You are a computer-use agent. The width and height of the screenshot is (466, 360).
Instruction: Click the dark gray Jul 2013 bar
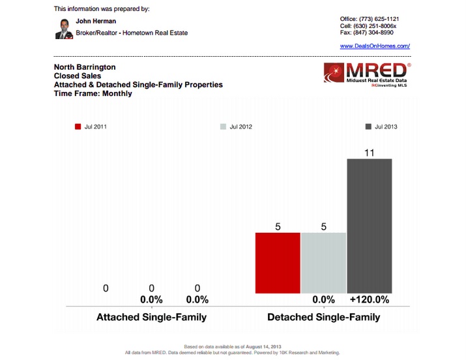pos(370,226)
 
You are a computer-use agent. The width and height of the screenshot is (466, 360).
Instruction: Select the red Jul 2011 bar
pos(278,263)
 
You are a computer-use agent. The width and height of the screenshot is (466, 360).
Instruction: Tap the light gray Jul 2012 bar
pos(323,263)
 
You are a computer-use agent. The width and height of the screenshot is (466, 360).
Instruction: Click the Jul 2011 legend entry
pos(91,127)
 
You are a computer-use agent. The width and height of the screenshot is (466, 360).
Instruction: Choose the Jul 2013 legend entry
pos(381,127)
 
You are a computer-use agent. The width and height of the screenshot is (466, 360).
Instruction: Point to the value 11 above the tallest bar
pos(370,152)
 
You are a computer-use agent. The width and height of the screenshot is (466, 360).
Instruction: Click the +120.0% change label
pos(370,300)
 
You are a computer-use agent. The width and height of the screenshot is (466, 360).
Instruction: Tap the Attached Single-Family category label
pos(151,318)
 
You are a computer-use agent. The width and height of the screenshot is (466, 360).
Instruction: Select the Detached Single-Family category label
pos(323,318)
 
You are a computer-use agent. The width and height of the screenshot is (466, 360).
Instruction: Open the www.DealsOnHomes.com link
pos(375,46)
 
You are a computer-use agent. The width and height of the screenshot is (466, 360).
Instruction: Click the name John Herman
pos(96,21)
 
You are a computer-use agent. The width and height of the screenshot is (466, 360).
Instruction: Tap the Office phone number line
pos(370,19)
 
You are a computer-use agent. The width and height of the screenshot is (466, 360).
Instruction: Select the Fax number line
pos(366,32)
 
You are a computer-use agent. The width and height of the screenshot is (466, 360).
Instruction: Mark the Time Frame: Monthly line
pos(93,93)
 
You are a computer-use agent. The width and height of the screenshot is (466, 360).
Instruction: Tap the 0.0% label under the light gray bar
pos(323,300)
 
